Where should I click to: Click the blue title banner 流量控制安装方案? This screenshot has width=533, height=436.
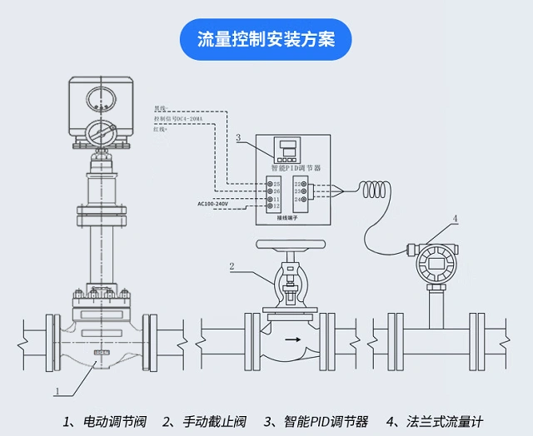click(x=266, y=38)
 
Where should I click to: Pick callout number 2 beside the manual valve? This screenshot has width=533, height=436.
click(x=232, y=266)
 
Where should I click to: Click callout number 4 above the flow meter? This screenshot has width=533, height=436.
click(x=456, y=219)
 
